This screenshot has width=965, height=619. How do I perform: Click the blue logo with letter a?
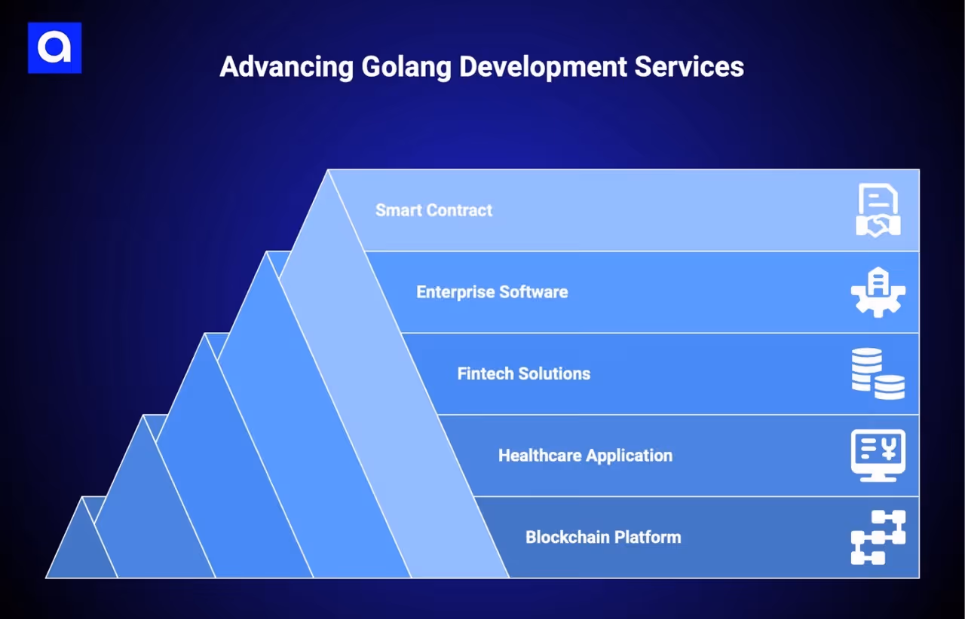click(x=54, y=48)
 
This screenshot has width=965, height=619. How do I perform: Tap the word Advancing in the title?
click(x=286, y=67)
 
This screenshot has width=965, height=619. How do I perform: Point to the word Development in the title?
click(x=543, y=67)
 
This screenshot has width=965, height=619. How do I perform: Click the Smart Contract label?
click(x=433, y=210)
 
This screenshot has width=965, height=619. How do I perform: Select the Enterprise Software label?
click(x=492, y=292)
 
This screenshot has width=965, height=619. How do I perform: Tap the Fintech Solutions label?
click(x=523, y=374)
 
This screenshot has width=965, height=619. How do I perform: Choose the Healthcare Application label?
click(x=585, y=456)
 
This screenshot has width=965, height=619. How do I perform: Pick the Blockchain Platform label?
click(x=603, y=538)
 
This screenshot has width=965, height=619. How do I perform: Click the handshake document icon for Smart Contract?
click(x=878, y=210)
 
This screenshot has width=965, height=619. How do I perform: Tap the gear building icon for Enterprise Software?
click(x=878, y=292)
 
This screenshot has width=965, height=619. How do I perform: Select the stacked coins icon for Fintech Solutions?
click(x=878, y=374)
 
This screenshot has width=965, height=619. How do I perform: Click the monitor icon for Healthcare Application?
click(x=878, y=456)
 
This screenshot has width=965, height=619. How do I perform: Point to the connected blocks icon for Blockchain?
click(x=878, y=538)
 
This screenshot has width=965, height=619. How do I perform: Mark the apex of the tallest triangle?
click(x=329, y=172)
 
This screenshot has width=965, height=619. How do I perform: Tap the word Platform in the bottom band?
click(x=647, y=538)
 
